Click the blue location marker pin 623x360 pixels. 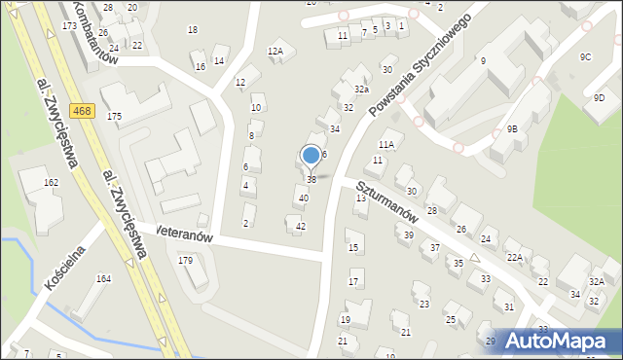(311, 156)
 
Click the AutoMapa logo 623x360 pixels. (562, 341)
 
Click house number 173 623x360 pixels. (68, 25)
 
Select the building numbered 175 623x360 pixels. (115, 117)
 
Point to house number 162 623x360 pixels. (51, 182)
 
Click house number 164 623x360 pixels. (103, 279)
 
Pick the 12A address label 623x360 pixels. (275, 51)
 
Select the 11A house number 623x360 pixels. (386, 144)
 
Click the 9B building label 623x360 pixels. (512, 128)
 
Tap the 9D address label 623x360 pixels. (600, 97)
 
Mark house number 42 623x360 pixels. (301, 227)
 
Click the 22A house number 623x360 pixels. (514, 257)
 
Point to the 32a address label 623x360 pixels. (361, 89)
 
